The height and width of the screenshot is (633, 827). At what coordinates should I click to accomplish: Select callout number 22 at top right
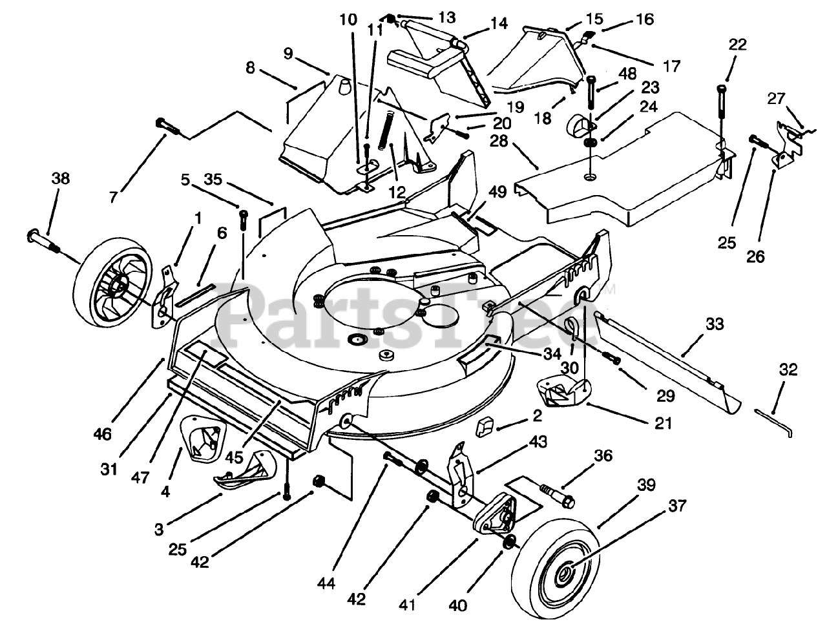[738, 45]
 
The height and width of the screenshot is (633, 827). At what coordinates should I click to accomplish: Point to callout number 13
[428, 16]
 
